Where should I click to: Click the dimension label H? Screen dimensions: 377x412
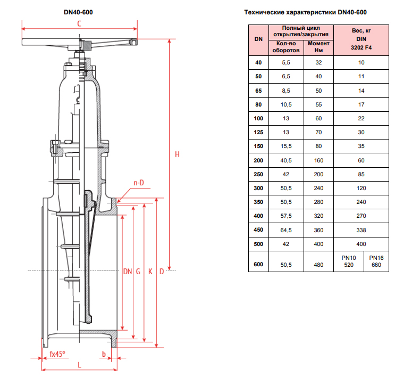pos(178,154)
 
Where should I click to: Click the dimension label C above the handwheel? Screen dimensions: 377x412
pos(79,23)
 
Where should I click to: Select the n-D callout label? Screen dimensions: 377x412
pos(139,183)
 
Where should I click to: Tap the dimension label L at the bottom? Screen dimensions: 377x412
pos(79,365)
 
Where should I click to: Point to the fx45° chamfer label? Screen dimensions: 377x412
pos(57,354)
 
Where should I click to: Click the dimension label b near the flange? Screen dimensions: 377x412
pos(104,354)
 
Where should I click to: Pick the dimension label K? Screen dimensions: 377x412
pos(150,272)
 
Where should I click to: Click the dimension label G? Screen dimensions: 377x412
pos(138,272)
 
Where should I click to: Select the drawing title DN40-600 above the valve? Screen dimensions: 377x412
pos(78,11)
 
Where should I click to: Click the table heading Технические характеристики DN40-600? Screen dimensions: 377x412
pos(305,12)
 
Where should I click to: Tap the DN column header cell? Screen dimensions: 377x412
pos(258,39)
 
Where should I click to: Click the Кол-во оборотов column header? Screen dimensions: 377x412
pos(286,47)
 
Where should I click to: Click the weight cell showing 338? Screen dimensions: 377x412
pos(361,230)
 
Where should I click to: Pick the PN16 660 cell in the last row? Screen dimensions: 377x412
pos(376,261)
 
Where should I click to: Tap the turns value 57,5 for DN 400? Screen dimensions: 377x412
pos(286,216)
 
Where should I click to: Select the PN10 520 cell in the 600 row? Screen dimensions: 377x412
pos(348,261)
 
